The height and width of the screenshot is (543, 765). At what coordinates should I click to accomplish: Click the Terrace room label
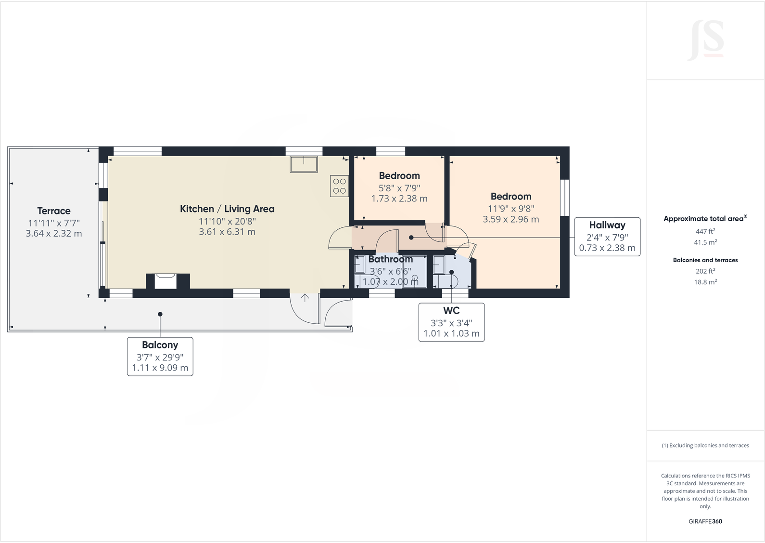pyautogui.click(x=54, y=211)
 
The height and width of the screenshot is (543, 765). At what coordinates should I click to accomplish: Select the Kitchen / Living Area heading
pyautogui.click(x=227, y=209)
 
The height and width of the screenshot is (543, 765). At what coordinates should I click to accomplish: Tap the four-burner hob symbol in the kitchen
pyautogui.click(x=339, y=186)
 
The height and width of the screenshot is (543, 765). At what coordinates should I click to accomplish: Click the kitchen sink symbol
pyautogui.click(x=304, y=164)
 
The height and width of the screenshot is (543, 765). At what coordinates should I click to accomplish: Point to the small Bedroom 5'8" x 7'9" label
pyautogui.click(x=399, y=176)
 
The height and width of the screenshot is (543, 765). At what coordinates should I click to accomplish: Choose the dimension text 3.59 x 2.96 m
pyautogui.click(x=510, y=219)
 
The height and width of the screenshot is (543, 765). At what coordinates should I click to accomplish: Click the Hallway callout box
pyautogui.click(x=607, y=237)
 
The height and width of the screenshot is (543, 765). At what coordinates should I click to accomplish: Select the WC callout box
pyautogui.click(x=451, y=322)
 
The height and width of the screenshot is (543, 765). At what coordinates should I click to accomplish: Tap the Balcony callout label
pyautogui.click(x=160, y=357)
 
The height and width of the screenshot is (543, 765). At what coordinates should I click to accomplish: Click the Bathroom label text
pyautogui.click(x=390, y=259)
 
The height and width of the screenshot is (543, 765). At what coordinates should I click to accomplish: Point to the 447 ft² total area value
pyautogui.click(x=705, y=231)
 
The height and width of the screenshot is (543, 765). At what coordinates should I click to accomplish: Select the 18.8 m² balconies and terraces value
pyautogui.click(x=705, y=282)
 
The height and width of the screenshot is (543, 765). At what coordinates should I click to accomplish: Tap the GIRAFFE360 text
pyautogui.click(x=705, y=521)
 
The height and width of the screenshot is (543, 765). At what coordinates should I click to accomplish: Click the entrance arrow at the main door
pyautogui.click(x=305, y=297)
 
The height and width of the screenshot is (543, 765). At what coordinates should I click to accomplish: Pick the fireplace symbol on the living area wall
pyautogui.click(x=168, y=280)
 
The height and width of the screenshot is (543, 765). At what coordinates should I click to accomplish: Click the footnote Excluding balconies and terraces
pyautogui.click(x=705, y=446)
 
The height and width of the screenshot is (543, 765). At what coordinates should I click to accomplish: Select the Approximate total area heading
pyautogui.click(x=705, y=219)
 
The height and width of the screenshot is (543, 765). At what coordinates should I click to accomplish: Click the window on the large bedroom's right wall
pyautogui.click(x=565, y=197)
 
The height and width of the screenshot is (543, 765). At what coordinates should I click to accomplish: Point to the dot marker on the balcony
pyautogui.click(x=160, y=314)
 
